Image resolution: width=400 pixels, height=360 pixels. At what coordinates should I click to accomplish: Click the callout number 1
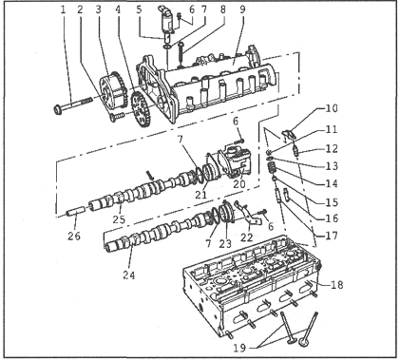tap(63, 9)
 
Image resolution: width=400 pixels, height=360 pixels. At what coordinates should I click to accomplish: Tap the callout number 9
tap(242, 9)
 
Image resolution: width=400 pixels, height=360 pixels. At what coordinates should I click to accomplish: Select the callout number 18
tap(336, 285)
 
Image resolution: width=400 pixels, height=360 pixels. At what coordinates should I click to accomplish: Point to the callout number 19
tap(239, 348)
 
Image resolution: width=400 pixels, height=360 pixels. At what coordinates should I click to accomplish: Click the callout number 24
tap(129, 275)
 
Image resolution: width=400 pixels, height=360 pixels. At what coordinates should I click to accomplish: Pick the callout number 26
tap(74, 236)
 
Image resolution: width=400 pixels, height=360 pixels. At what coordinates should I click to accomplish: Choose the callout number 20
tap(239, 183)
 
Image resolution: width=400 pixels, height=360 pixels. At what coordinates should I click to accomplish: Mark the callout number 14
tap(332, 183)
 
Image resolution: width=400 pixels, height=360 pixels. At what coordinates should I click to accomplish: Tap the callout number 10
tap(332, 108)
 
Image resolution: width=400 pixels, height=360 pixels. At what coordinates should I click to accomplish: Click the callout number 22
tap(247, 237)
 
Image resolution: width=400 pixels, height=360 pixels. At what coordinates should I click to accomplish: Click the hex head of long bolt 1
tap(58, 110)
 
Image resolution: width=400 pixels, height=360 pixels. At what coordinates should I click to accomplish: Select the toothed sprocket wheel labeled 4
tap(140, 108)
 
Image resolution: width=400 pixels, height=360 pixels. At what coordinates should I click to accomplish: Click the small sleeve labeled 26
tap(76, 210)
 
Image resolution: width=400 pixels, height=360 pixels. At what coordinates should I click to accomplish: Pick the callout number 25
tap(119, 219)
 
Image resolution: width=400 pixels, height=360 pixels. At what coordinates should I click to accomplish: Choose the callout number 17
tap(332, 236)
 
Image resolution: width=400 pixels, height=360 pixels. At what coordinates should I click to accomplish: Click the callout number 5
tap(139, 9)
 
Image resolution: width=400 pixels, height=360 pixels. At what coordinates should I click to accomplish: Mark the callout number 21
tap(200, 195)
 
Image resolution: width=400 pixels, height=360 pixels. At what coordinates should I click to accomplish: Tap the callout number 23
tap(225, 243)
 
